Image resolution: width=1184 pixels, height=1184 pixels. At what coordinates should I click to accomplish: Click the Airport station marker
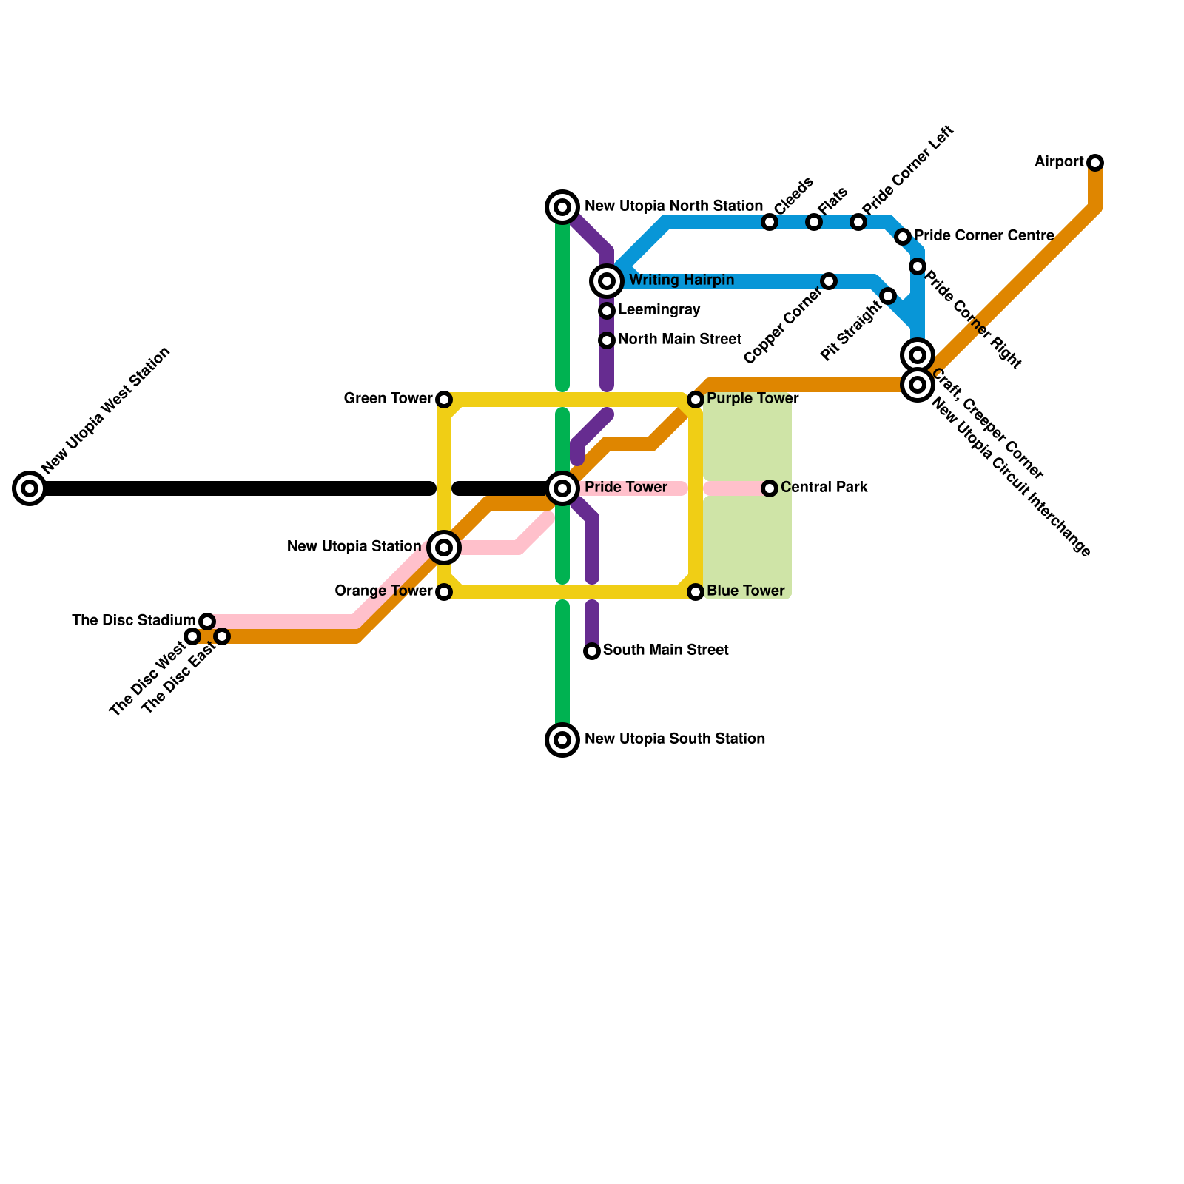click(1095, 163)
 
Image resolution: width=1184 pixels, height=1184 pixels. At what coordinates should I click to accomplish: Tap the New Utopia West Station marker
click(30, 488)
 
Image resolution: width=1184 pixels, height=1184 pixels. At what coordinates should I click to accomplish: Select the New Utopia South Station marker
click(562, 740)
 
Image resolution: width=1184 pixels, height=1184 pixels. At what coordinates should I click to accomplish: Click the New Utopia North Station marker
click(562, 207)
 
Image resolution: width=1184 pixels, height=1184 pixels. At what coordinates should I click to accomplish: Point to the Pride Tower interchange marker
click(562, 488)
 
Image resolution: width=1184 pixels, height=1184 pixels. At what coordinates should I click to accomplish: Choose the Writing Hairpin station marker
click(607, 281)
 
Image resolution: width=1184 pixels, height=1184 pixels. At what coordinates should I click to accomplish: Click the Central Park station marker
click(770, 488)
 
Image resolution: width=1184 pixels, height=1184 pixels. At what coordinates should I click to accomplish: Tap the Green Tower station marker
click(444, 400)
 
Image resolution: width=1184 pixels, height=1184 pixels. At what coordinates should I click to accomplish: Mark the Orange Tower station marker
click(444, 592)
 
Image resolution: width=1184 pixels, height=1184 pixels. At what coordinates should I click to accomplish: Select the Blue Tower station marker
click(696, 592)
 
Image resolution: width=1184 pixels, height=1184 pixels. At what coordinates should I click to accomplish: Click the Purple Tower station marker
click(696, 400)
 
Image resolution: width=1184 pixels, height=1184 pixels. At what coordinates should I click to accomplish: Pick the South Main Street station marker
click(592, 651)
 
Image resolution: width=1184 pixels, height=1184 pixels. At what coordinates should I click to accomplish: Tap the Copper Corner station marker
click(829, 281)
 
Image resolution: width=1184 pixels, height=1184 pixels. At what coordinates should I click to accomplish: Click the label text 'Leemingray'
click(659, 310)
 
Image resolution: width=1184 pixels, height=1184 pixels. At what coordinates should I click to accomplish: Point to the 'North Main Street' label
click(679, 340)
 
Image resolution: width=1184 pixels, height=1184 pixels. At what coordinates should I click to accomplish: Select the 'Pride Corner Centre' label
click(983, 236)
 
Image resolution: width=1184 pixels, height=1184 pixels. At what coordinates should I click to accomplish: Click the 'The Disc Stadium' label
click(133, 621)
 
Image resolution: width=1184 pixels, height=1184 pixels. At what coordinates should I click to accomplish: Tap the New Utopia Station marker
click(444, 548)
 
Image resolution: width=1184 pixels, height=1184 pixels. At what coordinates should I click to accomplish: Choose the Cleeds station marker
click(770, 222)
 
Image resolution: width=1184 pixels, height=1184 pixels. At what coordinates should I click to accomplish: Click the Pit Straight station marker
click(889, 297)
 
